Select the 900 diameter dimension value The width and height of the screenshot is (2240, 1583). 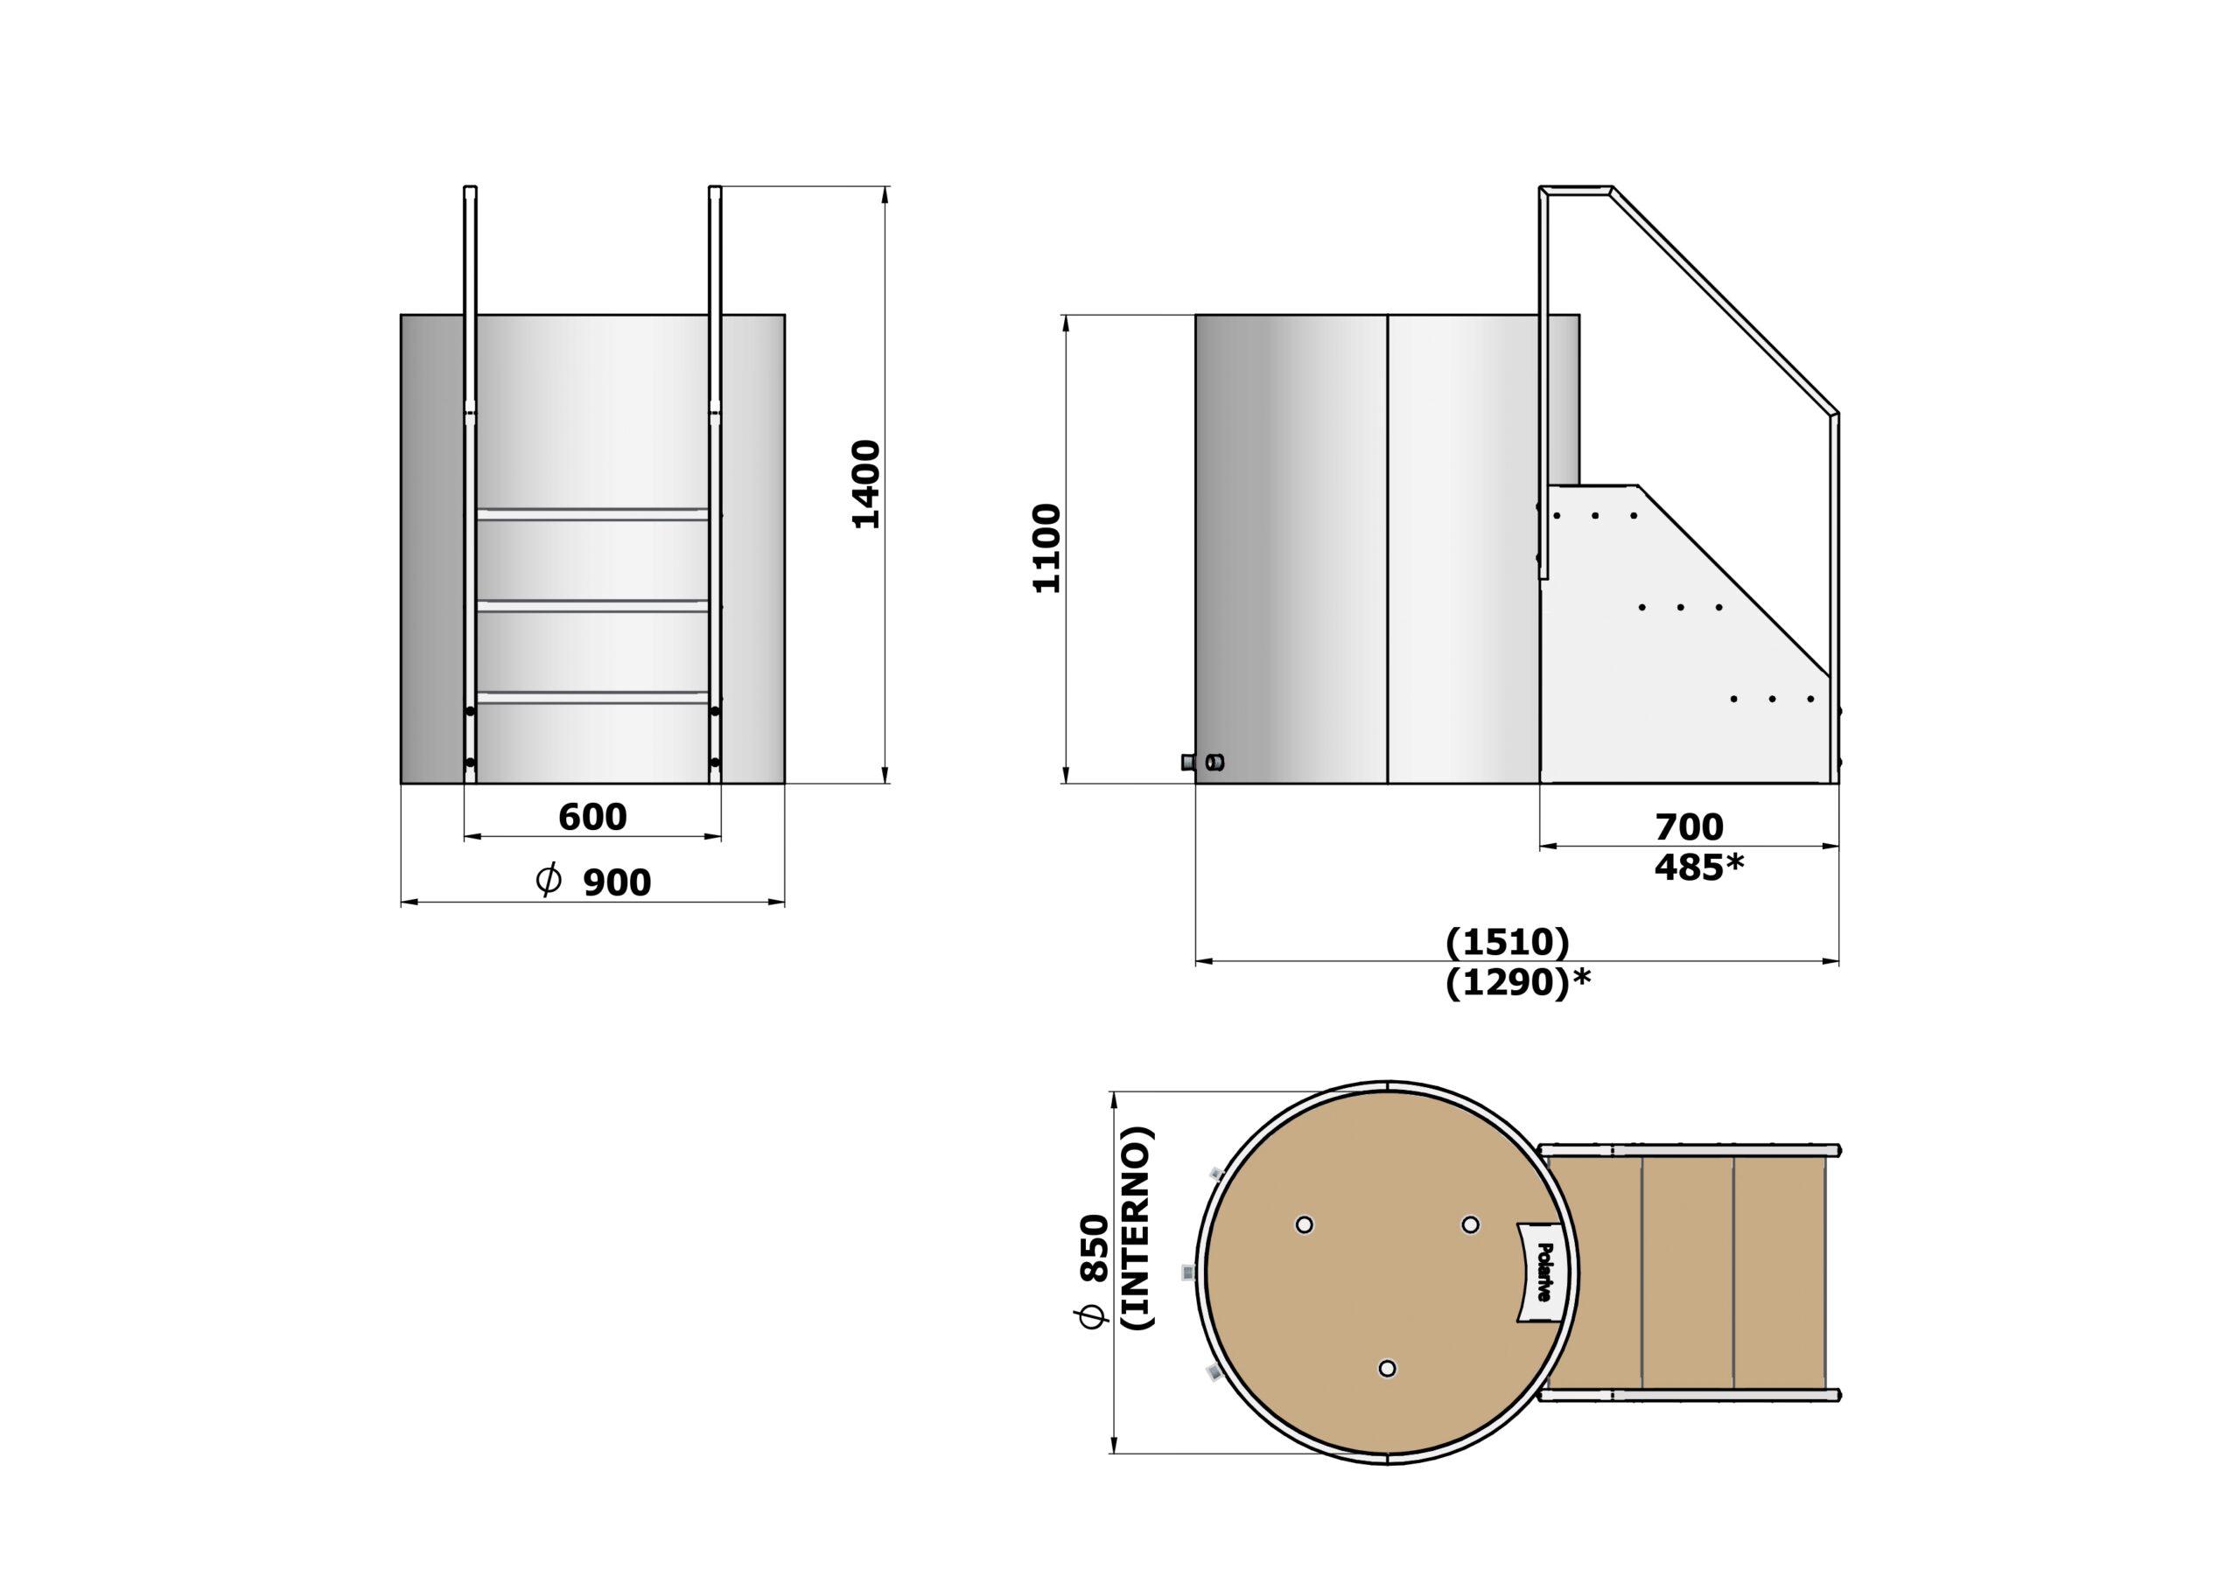point(617,882)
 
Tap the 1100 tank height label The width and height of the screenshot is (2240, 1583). point(1046,548)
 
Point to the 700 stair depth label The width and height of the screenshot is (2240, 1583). point(1689,827)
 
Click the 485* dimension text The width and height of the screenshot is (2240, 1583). point(1697,867)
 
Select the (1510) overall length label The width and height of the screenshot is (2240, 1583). point(1508,942)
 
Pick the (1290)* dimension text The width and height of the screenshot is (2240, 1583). point(1517,983)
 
